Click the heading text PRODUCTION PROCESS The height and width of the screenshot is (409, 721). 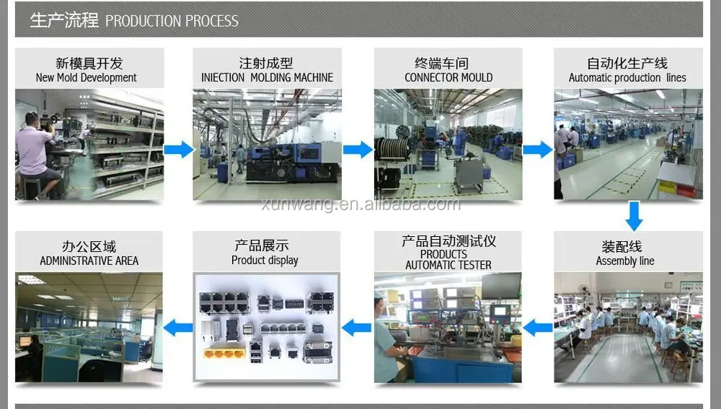coord(172,21)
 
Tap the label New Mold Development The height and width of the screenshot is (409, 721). coord(87,78)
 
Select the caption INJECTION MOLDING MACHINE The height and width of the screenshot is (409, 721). coord(267,78)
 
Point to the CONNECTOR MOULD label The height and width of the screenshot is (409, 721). coord(448,78)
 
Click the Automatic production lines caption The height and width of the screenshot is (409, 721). coord(627,78)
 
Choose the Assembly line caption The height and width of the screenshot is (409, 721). coord(625,261)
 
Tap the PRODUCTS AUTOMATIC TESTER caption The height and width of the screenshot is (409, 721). coord(448,259)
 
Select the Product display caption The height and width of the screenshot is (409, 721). coord(265,260)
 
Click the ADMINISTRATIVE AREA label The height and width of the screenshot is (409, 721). coord(89,261)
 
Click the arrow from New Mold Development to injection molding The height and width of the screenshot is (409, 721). coord(178,150)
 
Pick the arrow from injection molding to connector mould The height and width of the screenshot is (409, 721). coord(357,150)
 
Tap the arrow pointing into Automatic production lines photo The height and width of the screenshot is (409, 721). coord(537,150)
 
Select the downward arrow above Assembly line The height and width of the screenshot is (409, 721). coord(634,215)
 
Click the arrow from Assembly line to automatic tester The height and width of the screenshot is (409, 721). coord(537,328)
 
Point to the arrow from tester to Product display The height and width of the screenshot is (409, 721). coord(356,328)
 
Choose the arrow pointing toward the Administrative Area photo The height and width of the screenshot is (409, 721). coord(178,328)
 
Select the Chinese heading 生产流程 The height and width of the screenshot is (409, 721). coord(64,20)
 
